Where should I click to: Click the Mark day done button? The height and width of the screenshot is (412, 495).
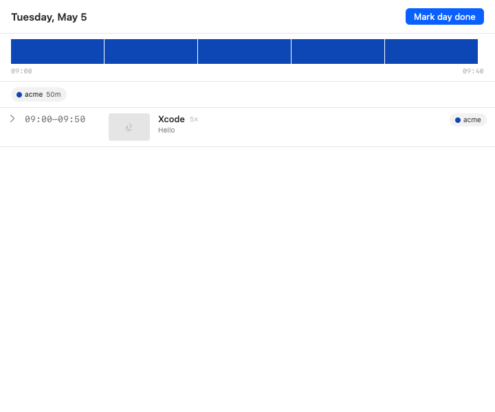click(445, 16)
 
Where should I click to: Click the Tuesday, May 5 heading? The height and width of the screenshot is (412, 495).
click(49, 17)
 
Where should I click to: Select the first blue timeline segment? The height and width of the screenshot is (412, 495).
click(58, 51)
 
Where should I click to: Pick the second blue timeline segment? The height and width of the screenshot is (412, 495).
click(151, 51)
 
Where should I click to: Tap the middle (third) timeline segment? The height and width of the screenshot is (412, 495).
click(244, 51)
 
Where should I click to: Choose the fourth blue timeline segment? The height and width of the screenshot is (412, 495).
click(338, 51)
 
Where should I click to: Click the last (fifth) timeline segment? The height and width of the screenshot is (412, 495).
click(431, 51)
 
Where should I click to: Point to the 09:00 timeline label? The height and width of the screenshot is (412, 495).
click(21, 71)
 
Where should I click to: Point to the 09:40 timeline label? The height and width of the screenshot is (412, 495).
click(473, 71)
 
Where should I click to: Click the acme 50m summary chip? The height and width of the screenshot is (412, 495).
click(38, 95)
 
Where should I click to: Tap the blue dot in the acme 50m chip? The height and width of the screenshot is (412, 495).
click(19, 95)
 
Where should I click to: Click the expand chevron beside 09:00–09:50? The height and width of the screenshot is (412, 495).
click(12, 119)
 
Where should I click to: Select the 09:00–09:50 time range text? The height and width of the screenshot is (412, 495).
click(55, 119)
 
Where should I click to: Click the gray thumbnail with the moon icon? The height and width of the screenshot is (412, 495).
click(129, 127)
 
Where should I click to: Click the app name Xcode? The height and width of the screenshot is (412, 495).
click(171, 119)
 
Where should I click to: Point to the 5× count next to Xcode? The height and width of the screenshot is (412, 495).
click(194, 119)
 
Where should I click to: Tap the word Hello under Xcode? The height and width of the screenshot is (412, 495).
click(166, 130)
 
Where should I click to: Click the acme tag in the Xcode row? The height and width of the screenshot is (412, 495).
click(468, 119)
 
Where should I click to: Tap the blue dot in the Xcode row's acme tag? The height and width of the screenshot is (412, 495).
click(458, 120)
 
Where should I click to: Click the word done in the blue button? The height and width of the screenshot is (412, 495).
click(465, 16)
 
